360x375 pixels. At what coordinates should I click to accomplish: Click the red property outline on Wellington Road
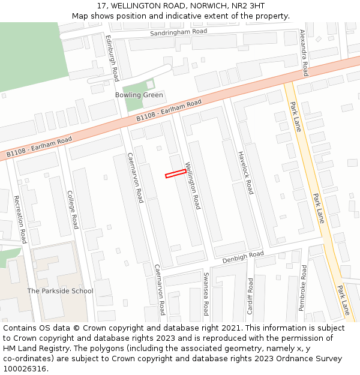coord(176,173)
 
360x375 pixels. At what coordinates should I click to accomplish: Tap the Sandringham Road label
coord(178,31)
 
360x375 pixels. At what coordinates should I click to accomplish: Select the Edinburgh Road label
coord(112,58)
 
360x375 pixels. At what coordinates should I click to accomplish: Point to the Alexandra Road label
coord(303,53)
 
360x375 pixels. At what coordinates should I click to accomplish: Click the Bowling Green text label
coord(139,95)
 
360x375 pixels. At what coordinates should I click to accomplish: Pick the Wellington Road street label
coord(193,185)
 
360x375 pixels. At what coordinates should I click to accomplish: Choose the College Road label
coord(72,209)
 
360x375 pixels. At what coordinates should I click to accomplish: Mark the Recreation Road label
coord(20,219)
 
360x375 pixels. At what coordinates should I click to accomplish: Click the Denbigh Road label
coord(243,257)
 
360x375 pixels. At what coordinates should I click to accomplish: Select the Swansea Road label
coord(206,294)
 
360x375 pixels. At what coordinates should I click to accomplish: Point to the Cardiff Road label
coord(250,292)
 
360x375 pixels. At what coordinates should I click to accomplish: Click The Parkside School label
coord(61,291)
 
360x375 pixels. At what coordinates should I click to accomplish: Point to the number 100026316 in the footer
coord(25,369)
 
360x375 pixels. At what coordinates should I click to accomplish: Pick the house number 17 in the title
coord(101,6)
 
